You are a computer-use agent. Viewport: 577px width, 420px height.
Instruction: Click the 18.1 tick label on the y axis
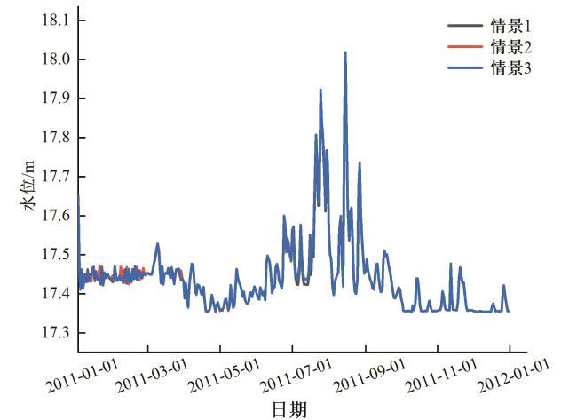point(54,20)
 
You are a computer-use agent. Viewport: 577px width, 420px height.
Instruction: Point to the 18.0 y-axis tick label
point(54,59)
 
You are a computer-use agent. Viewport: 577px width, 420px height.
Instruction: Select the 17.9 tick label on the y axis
point(54,99)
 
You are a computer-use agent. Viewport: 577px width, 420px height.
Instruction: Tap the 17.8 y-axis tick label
point(54,138)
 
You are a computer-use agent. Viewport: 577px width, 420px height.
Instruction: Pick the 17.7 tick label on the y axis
point(54,177)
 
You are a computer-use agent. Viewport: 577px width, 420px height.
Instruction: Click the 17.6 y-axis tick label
point(54,216)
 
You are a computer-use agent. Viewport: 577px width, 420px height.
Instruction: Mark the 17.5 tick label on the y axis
point(54,255)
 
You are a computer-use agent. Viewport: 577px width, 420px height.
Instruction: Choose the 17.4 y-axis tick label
point(54,294)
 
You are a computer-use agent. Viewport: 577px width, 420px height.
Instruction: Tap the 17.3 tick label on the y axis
point(54,333)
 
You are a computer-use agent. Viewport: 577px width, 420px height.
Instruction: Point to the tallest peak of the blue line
point(345,52)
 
